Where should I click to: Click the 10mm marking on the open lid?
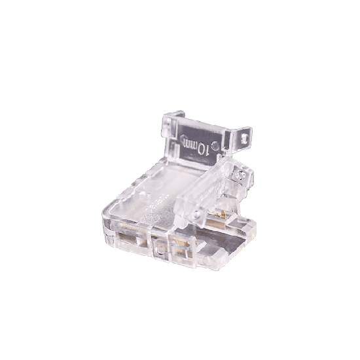pos(196,146)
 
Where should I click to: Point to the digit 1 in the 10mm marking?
pos(207,151)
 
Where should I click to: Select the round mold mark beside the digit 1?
pos(215,145)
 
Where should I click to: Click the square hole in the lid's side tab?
pos(243,139)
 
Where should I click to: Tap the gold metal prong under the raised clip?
pos(216,215)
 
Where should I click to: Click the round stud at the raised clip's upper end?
pos(239,175)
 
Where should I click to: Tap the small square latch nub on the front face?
pos(159,249)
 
